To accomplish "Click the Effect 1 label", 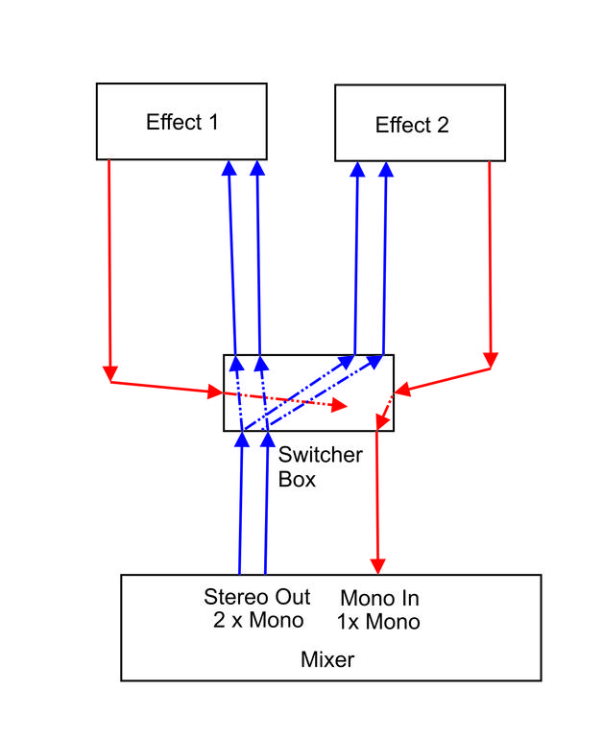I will pyautogui.click(x=181, y=122).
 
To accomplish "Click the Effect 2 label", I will pyautogui.click(x=412, y=125).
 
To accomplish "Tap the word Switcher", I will pyautogui.click(x=320, y=455).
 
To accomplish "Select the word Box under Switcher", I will pyautogui.click(x=297, y=479).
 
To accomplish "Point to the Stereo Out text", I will pyautogui.click(x=257, y=597).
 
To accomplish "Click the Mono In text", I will pyautogui.click(x=378, y=599).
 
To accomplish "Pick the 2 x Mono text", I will pyautogui.click(x=257, y=620).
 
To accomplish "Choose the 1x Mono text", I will pyautogui.click(x=378, y=622).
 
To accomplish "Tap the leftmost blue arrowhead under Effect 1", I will pyautogui.click(x=229, y=168).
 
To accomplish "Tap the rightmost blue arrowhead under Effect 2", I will pyautogui.click(x=386, y=169).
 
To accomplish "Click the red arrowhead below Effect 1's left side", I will pyautogui.click(x=110, y=372).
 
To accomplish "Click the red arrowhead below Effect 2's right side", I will pyautogui.click(x=492, y=360).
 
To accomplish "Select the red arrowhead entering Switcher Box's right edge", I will pyautogui.click(x=403, y=389).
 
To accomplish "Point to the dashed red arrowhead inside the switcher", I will pyautogui.click(x=339, y=406).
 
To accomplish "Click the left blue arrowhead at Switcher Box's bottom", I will pyautogui.click(x=241, y=440).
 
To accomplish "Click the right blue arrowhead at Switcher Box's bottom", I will pyautogui.click(x=266, y=440).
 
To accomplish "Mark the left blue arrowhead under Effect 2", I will pyautogui.click(x=357, y=169).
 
